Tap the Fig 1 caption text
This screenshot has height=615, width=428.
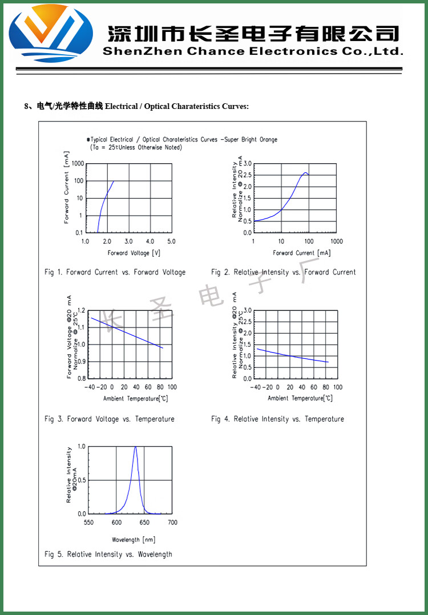(115, 272)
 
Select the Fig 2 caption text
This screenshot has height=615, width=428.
(283, 272)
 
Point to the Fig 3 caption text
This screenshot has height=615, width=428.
(110, 419)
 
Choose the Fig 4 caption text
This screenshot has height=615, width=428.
(277, 419)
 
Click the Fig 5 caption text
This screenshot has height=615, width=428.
(108, 554)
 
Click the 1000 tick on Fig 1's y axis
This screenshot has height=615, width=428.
(78, 164)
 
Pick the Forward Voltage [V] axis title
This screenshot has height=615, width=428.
(134, 253)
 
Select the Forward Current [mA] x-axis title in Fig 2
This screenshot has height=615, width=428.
(301, 253)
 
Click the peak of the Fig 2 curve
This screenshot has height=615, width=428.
(306, 172)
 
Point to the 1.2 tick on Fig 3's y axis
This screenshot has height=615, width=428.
(80, 310)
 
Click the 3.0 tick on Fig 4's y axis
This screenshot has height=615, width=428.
(247, 310)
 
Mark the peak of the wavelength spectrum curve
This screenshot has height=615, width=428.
(135, 447)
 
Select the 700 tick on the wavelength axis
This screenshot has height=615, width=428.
(172, 523)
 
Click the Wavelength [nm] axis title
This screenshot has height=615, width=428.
(134, 540)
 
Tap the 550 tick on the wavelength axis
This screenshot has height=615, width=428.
(88, 523)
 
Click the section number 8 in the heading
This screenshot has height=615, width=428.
(26, 106)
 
